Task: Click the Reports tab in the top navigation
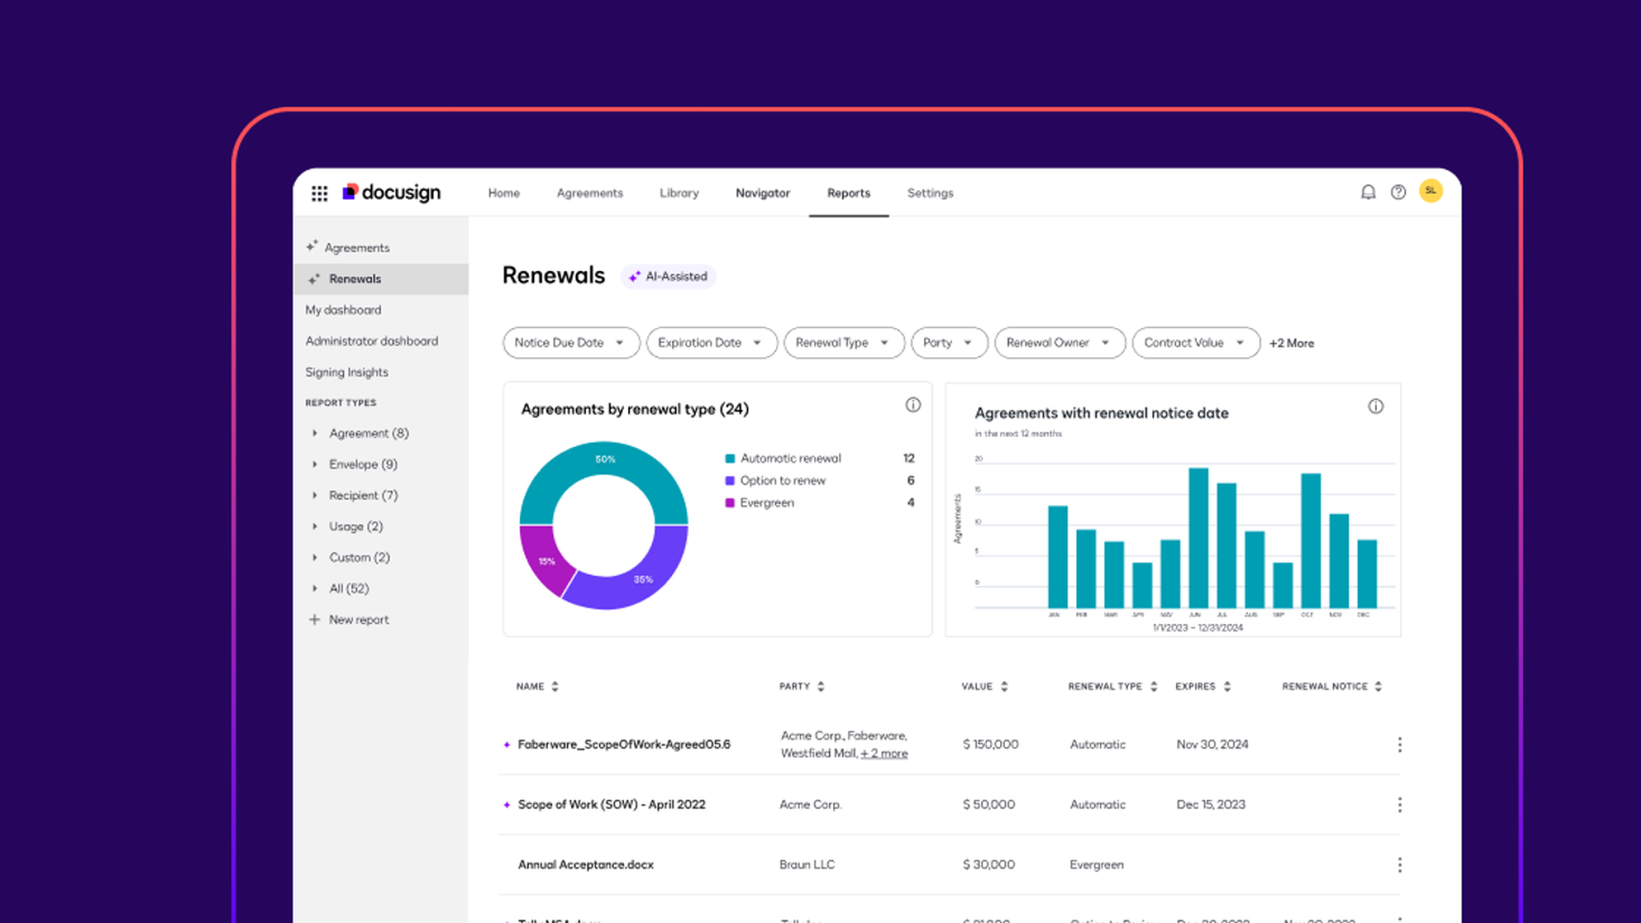[848, 193]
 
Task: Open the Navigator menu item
[762, 193]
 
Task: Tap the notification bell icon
[1367, 192]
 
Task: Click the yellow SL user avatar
[1431, 191]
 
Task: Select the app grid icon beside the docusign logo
[320, 193]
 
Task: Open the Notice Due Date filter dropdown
[570, 343]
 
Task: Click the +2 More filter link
[1291, 343]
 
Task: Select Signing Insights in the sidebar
[346, 372]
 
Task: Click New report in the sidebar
[358, 620]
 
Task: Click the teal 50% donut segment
[603, 461]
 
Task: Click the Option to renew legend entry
[782, 480]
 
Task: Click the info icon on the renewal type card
[913, 405]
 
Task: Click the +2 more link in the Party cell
[884, 753]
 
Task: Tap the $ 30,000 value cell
[989, 865]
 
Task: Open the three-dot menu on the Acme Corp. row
[1399, 804]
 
